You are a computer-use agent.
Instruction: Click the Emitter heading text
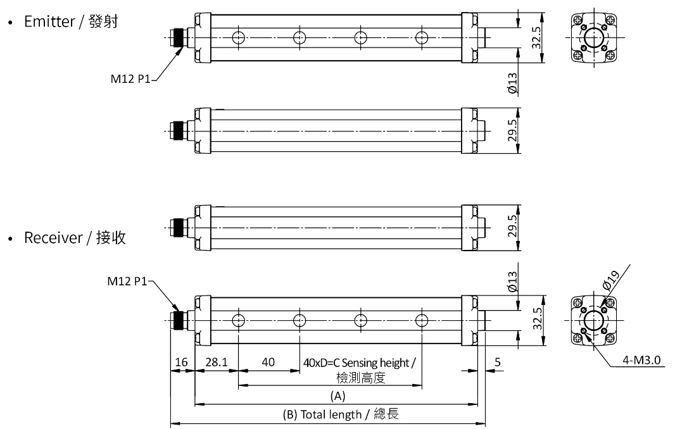(x=70, y=22)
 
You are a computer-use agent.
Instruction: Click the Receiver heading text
(x=75, y=238)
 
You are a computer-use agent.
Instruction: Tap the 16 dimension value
(x=182, y=363)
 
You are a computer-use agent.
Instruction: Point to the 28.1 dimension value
(x=217, y=363)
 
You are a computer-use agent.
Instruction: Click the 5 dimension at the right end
(x=497, y=363)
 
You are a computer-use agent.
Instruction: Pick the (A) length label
(x=338, y=395)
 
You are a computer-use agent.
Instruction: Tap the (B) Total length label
(x=341, y=415)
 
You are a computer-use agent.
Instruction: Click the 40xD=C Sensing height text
(x=360, y=363)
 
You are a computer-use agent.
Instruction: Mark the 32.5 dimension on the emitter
(x=537, y=37)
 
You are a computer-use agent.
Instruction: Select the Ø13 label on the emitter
(x=512, y=84)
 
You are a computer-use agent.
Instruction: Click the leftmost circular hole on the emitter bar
(x=238, y=38)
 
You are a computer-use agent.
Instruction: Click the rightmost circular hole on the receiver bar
(x=422, y=320)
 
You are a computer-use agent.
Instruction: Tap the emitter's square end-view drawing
(x=593, y=37)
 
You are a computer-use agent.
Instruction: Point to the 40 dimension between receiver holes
(x=268, y=363)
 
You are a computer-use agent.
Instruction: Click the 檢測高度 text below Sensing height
(x=361, y=378)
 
